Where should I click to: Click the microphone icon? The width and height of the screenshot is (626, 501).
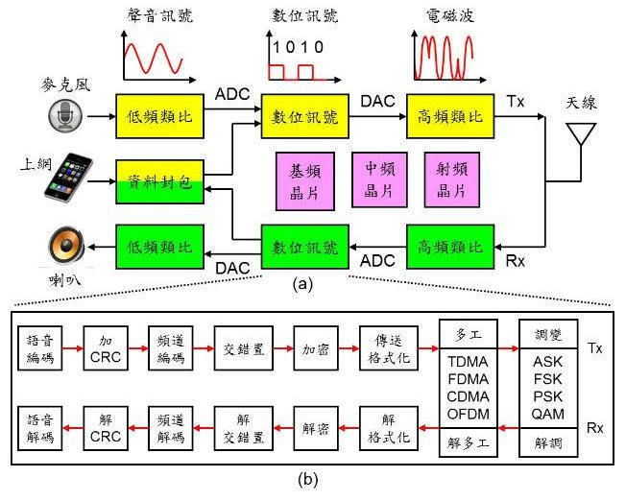click(65, 115)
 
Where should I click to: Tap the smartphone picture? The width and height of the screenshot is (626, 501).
click(69, 176)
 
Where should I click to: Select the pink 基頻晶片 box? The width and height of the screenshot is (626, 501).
click(305, 181)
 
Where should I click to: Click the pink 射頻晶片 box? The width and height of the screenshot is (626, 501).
click(452, 180)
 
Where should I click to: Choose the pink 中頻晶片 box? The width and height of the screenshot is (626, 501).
click(379, 180)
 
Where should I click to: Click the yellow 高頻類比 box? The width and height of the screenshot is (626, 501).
click(450, 116)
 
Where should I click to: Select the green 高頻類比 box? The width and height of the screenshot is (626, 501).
click(450, 247)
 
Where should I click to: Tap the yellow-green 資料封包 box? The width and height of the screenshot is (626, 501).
click(160, 182)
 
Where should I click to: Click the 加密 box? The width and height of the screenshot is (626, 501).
click(316, 348)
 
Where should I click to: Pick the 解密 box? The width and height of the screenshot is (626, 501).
click(316, 428)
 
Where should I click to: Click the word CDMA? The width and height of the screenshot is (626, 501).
click(468, 396)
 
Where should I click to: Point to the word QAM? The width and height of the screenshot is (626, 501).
click(547, 414)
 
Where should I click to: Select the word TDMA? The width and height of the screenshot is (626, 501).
click(468, 362)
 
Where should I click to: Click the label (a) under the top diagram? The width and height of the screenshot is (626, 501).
click(302, 284)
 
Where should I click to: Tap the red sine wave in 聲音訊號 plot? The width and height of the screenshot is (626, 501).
click(154, 59)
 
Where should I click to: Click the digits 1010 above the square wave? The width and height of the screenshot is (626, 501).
click(298, 47)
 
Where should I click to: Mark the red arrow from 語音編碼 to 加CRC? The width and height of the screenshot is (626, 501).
click(73, 348)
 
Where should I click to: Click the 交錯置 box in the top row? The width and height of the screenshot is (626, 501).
click(244, 348)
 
